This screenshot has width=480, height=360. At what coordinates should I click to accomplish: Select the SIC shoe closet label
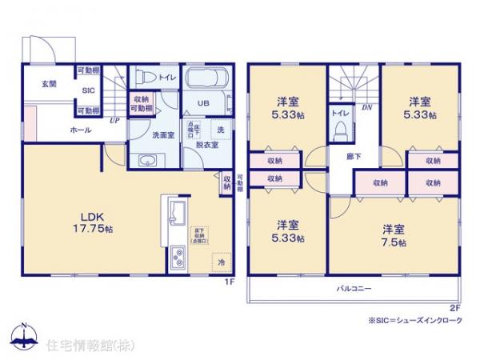coord(88,90)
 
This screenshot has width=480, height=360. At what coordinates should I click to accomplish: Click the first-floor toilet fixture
coord(144,78)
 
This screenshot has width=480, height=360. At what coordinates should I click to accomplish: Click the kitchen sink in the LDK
coord(176,214)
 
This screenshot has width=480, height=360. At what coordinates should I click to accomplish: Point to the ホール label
coord(79,129)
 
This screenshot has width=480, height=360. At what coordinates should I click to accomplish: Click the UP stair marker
coord(115,121)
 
